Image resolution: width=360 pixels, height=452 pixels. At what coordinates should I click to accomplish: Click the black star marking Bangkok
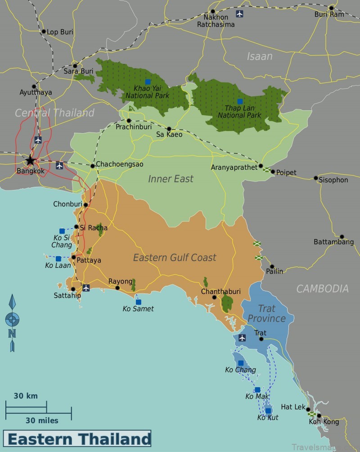(x=30, y=160)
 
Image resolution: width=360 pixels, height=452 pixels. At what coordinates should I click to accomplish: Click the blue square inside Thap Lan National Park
(x=240, y=101)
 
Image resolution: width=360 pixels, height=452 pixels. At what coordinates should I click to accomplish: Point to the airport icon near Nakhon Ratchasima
(x=239, y=14)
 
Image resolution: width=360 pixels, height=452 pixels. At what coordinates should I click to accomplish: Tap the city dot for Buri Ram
(x=331, y=8)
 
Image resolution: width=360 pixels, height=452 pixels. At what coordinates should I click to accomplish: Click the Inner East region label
(x=171, y=179)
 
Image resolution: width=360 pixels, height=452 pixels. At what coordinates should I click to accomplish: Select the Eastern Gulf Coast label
(x=175, y=258)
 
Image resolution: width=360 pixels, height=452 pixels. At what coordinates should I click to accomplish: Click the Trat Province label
(x=266, y=313)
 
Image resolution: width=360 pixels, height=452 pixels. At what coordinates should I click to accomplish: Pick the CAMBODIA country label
(x=322, y=289)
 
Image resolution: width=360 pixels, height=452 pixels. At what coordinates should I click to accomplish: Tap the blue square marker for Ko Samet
(x=138, y=302)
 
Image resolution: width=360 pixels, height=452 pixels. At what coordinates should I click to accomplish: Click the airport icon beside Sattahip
(x=85, y=288)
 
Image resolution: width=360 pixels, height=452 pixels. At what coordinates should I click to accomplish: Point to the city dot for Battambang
(x=342, y=236)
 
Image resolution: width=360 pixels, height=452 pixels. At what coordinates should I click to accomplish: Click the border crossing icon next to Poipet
(x=266, y=170)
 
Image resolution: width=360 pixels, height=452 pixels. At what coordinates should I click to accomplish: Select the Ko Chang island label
(x=240, y=370)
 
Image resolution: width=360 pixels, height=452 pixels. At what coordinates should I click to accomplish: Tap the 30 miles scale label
(x=42, y=420)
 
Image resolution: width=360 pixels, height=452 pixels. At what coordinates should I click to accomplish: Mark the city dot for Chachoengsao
(x=93, y=166)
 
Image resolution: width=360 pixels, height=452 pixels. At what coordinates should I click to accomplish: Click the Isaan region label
(x=260, y=56)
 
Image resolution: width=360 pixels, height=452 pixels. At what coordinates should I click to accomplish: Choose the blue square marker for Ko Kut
(x=268, y=411)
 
